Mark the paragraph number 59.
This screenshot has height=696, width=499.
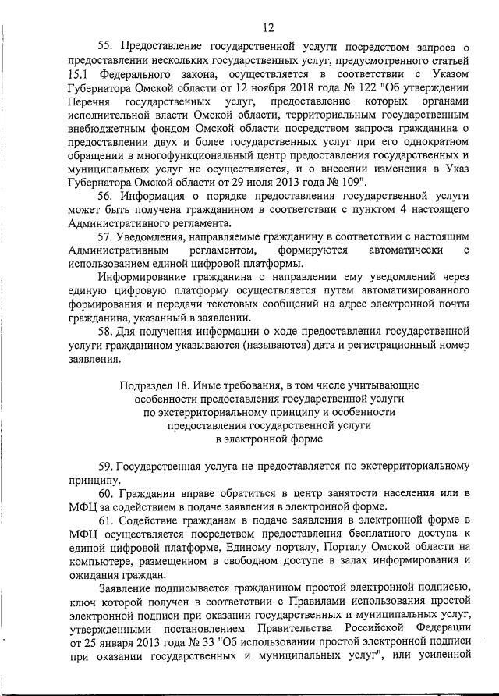tap(107, 464)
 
